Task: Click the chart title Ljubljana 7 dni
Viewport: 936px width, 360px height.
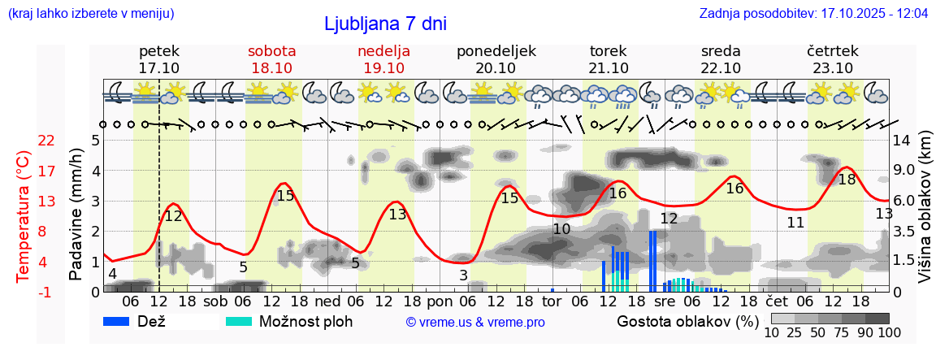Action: [385, 24]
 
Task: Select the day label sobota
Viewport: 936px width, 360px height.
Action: [271, 51]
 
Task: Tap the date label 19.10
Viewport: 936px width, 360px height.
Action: [383, 68]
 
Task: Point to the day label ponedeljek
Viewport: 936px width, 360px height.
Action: [496, 51]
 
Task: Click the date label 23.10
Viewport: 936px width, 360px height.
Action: [833, 68]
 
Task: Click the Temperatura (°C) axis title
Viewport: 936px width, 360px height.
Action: [24, 216]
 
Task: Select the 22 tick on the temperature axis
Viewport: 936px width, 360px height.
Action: [46, 141]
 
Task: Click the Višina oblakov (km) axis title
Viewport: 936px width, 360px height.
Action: [925, 215]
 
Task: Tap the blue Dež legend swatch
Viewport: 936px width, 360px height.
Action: [122, 321]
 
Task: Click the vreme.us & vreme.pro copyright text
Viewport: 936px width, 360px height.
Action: [475, 323]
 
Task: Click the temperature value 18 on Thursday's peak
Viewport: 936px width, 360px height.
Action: [847, 180]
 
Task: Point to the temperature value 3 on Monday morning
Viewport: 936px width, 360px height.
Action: [463, 275]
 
